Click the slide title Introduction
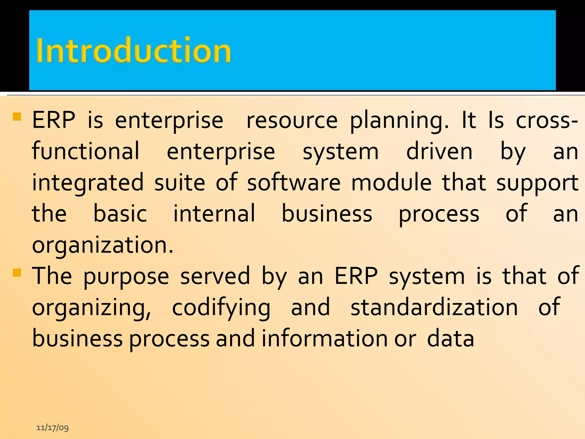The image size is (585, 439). click(x=133, y=51)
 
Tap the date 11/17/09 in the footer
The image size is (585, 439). click(x=53, y=428)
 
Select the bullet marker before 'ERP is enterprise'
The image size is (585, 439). click(x=17, y=117)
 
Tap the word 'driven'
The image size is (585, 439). click(x=439, y=151)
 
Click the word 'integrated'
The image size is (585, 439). click(x=88, y=183)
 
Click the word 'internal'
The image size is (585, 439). click(x=214, y=213)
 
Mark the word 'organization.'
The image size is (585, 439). click(x=103, y=245)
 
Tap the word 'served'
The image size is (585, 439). click(x=215, y=276)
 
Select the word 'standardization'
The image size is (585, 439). click(x=434, y=307)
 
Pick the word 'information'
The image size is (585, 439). click(x=325, y=338)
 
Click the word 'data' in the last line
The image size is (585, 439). click(x=450, y=338)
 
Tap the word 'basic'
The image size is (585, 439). click(x=120, y=213)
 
